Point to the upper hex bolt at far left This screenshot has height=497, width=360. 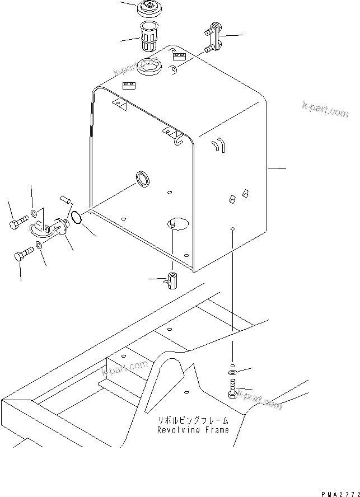point(19,225)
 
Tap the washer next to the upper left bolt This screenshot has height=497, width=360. point(35,213)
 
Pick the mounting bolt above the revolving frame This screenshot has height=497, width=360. point(233,388)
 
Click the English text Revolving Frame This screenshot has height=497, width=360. point(185,430)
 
